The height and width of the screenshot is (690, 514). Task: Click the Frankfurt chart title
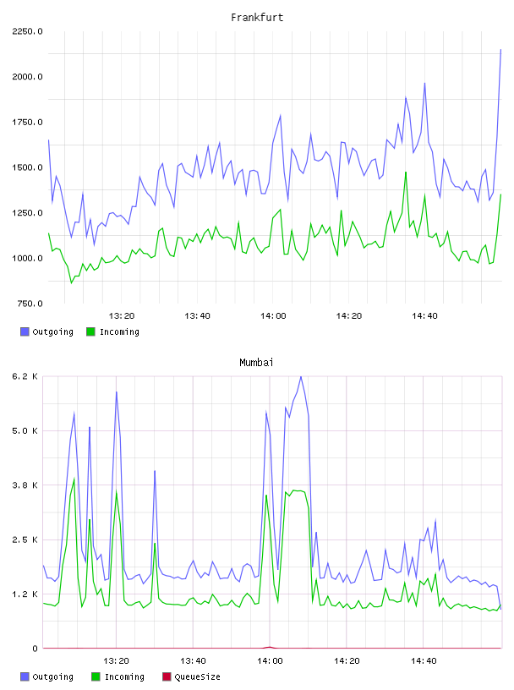click(x=257, y=18)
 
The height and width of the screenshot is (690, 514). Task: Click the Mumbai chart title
click(x=256, y=363)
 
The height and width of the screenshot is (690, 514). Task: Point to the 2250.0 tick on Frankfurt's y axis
click(x=27, y=31)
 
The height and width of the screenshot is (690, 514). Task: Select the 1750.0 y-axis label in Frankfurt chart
click(x=27, y=122)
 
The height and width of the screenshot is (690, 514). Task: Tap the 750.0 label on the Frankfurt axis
click(x=30, y=304)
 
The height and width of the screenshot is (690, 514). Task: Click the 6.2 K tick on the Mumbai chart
click(x=25, y=376)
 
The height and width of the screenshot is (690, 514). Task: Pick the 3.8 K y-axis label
click(x=25, y=485)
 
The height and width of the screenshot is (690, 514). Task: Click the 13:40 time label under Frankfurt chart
click(x=197, y=315)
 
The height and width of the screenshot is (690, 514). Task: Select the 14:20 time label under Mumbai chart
click(x=347, y=660)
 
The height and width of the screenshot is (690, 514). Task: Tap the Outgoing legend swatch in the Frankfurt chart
click(x=25, y=331)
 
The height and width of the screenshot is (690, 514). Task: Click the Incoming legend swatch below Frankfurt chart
click(x=90, y=331)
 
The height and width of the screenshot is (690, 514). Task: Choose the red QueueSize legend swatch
click(x=167, y=676)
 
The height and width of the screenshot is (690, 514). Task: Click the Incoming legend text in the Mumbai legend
click(x=124, y=676)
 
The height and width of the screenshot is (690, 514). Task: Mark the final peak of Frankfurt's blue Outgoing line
click(x=500, y=49)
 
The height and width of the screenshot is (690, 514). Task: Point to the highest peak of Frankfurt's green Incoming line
click(x=406, y=172)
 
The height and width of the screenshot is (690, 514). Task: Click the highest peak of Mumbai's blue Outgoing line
click(x=301, y=376)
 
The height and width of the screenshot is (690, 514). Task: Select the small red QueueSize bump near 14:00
click(x=270, y=647)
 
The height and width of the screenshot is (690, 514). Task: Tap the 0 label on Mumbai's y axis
click(x=35, y=649)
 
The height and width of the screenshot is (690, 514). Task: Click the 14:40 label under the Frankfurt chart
click(x=424, y=315)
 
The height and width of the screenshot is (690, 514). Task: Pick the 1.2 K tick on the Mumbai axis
click(x=25, y=594)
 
